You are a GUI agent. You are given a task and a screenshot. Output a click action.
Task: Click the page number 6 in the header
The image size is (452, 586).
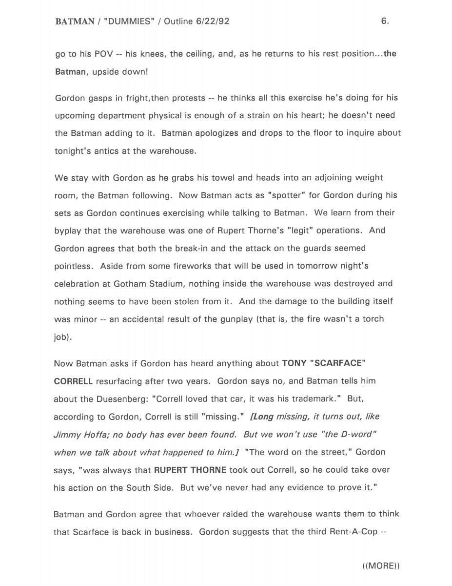click(384, 21)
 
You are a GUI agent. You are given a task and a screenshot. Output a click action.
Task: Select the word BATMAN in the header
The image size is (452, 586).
click(75, 21)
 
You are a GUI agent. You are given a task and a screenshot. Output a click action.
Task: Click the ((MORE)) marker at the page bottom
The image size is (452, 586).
click(381, 565)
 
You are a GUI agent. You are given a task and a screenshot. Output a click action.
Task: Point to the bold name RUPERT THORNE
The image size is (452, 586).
click(190, 470)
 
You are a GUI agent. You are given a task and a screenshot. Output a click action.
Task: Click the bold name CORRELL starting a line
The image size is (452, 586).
click(73, 381)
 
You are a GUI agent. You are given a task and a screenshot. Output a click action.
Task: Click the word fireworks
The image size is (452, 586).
click(167, 266)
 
